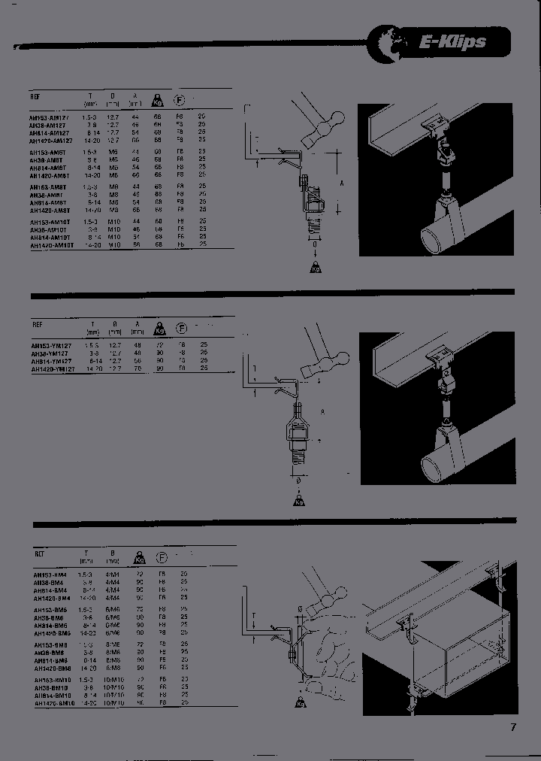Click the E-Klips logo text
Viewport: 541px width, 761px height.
tap(452, 42)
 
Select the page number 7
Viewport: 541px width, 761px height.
tap(513, 727)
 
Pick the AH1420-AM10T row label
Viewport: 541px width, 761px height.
tap(52, 245)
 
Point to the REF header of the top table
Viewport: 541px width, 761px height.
tap(36, 97)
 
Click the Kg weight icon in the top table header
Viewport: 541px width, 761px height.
tap(158, 99)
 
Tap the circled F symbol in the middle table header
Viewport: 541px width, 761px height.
tap(180, 329)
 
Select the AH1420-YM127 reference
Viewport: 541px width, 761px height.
tap(53, 369)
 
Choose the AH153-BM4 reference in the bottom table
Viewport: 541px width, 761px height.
tap(49, 574)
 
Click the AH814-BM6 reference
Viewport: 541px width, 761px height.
tap(50, 626)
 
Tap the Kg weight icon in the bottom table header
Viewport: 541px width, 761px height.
tap(139, 557)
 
